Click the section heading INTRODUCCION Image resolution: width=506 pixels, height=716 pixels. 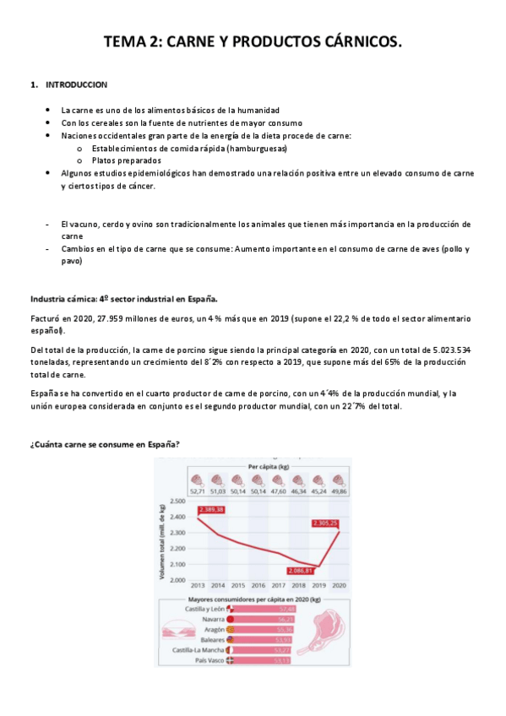coord(76,85)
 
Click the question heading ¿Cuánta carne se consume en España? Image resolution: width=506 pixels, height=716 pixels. coord(105,444)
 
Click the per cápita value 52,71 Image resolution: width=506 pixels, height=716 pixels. coord(198,491)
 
